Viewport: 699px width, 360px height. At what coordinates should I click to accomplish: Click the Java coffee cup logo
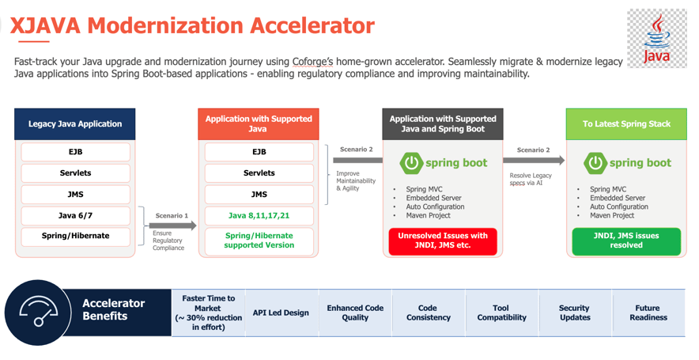point(656,37)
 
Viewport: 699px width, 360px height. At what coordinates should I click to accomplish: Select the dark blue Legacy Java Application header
point(75,124)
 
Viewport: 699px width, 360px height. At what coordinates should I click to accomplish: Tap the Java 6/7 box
point(75,215)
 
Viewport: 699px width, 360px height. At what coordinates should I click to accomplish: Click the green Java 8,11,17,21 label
point(259,215)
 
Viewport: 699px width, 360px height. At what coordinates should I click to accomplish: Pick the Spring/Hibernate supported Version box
point(259,241)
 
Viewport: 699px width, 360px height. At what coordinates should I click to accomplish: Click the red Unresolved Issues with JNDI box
point(443,241)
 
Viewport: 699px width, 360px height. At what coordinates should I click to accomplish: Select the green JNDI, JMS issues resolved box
point(625,241)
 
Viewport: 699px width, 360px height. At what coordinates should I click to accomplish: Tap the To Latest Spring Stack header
point(625,124)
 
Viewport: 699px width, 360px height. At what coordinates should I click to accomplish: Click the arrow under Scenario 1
point(172,225)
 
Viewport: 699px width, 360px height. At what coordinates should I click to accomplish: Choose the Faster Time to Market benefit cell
point(208,313)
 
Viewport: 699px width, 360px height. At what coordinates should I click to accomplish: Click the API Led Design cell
point(281,313)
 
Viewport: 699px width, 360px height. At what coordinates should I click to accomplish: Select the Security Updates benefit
point(575,313)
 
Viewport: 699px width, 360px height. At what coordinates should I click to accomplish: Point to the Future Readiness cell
point(648,313)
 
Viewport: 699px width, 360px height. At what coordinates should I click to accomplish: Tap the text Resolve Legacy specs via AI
point(531,180)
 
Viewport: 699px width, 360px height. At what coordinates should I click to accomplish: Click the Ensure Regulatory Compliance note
point(168,241)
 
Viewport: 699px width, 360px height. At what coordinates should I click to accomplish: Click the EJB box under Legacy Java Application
point(75,152)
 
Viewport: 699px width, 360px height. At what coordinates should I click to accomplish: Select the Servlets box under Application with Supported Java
point(259,173)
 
